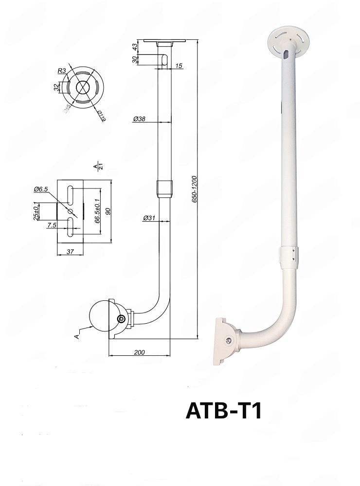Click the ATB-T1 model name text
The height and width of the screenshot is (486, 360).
tap(224, 411)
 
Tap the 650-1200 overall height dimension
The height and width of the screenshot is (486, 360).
tap(195, 189)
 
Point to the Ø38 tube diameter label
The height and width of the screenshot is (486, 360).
tap(139, 118)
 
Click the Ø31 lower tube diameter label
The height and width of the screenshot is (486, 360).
tap(149, 218)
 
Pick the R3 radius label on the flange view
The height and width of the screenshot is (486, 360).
tap(62, 71)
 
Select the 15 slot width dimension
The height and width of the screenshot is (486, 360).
tap(179, 66)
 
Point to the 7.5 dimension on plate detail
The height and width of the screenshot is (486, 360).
tap(51, 225)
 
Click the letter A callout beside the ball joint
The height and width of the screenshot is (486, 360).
tap(76, 335)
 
